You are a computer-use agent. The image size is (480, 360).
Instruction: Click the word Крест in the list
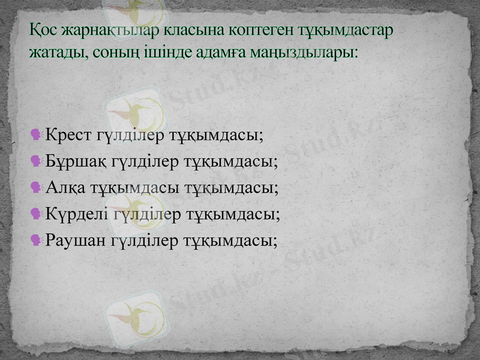click(x=69, y=133)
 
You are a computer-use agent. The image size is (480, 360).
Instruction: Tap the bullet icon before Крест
click(x=35, y=133)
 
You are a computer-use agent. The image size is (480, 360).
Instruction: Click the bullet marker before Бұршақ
click(x=35, y=160)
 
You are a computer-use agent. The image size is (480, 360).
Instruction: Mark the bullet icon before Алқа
click(x=35, y=187)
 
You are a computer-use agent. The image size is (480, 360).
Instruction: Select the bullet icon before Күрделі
click(x=35, y=214)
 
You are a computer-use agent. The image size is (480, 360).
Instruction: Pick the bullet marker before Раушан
click(x=35, y=241)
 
